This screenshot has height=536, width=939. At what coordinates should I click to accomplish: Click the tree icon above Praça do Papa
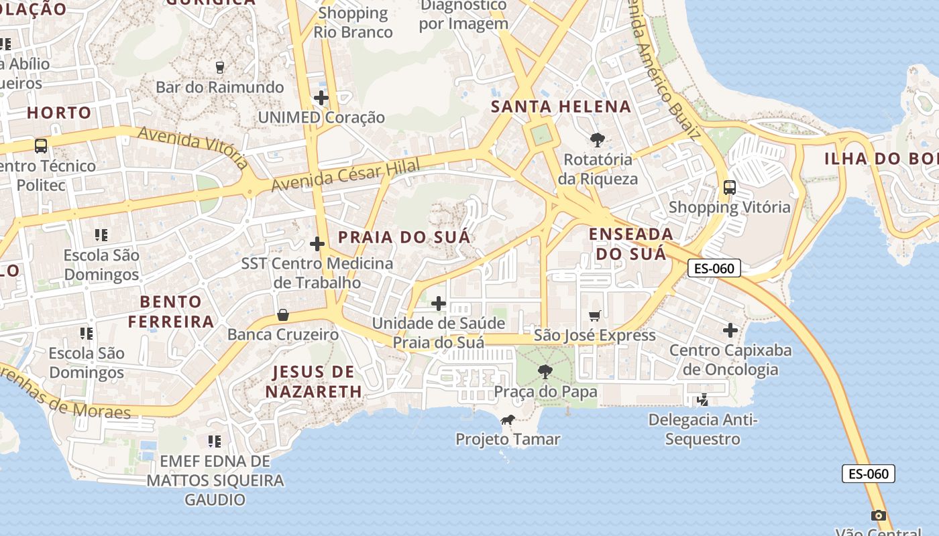coord(545,371)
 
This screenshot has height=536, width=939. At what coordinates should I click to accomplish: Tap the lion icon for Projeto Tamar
coord(508,420)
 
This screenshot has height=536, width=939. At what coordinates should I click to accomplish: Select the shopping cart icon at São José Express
coord(594,316)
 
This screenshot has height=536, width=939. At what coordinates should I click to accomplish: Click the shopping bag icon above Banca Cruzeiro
coord(283,315)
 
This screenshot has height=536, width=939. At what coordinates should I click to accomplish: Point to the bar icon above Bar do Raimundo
coord(219,67)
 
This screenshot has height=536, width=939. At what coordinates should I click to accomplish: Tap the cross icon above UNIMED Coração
coord(321,98)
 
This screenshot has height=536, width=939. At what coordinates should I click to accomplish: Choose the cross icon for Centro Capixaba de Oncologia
coord(730,330)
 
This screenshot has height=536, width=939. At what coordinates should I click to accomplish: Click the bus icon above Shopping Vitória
coord(730,188)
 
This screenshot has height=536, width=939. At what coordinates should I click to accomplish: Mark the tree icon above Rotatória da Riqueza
coord(597,140)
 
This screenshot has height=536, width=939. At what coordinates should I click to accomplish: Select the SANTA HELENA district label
coord(561,107)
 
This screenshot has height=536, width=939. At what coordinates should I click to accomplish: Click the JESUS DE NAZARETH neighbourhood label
coord(313,381)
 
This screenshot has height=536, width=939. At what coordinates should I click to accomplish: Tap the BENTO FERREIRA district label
coord(171,312)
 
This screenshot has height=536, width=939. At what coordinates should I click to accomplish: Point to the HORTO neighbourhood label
coord(59,113)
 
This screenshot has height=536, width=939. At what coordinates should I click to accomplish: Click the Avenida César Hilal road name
coord(346,174)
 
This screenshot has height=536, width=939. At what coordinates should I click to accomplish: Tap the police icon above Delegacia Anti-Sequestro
coord(702,400)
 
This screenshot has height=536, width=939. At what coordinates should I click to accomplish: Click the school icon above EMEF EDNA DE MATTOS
coord(215,441)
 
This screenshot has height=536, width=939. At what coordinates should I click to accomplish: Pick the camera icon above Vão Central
coord(878,515)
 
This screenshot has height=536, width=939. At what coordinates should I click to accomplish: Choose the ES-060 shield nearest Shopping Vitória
coord(714,269)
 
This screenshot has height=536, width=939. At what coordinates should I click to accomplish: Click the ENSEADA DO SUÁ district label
coord(631,244)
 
